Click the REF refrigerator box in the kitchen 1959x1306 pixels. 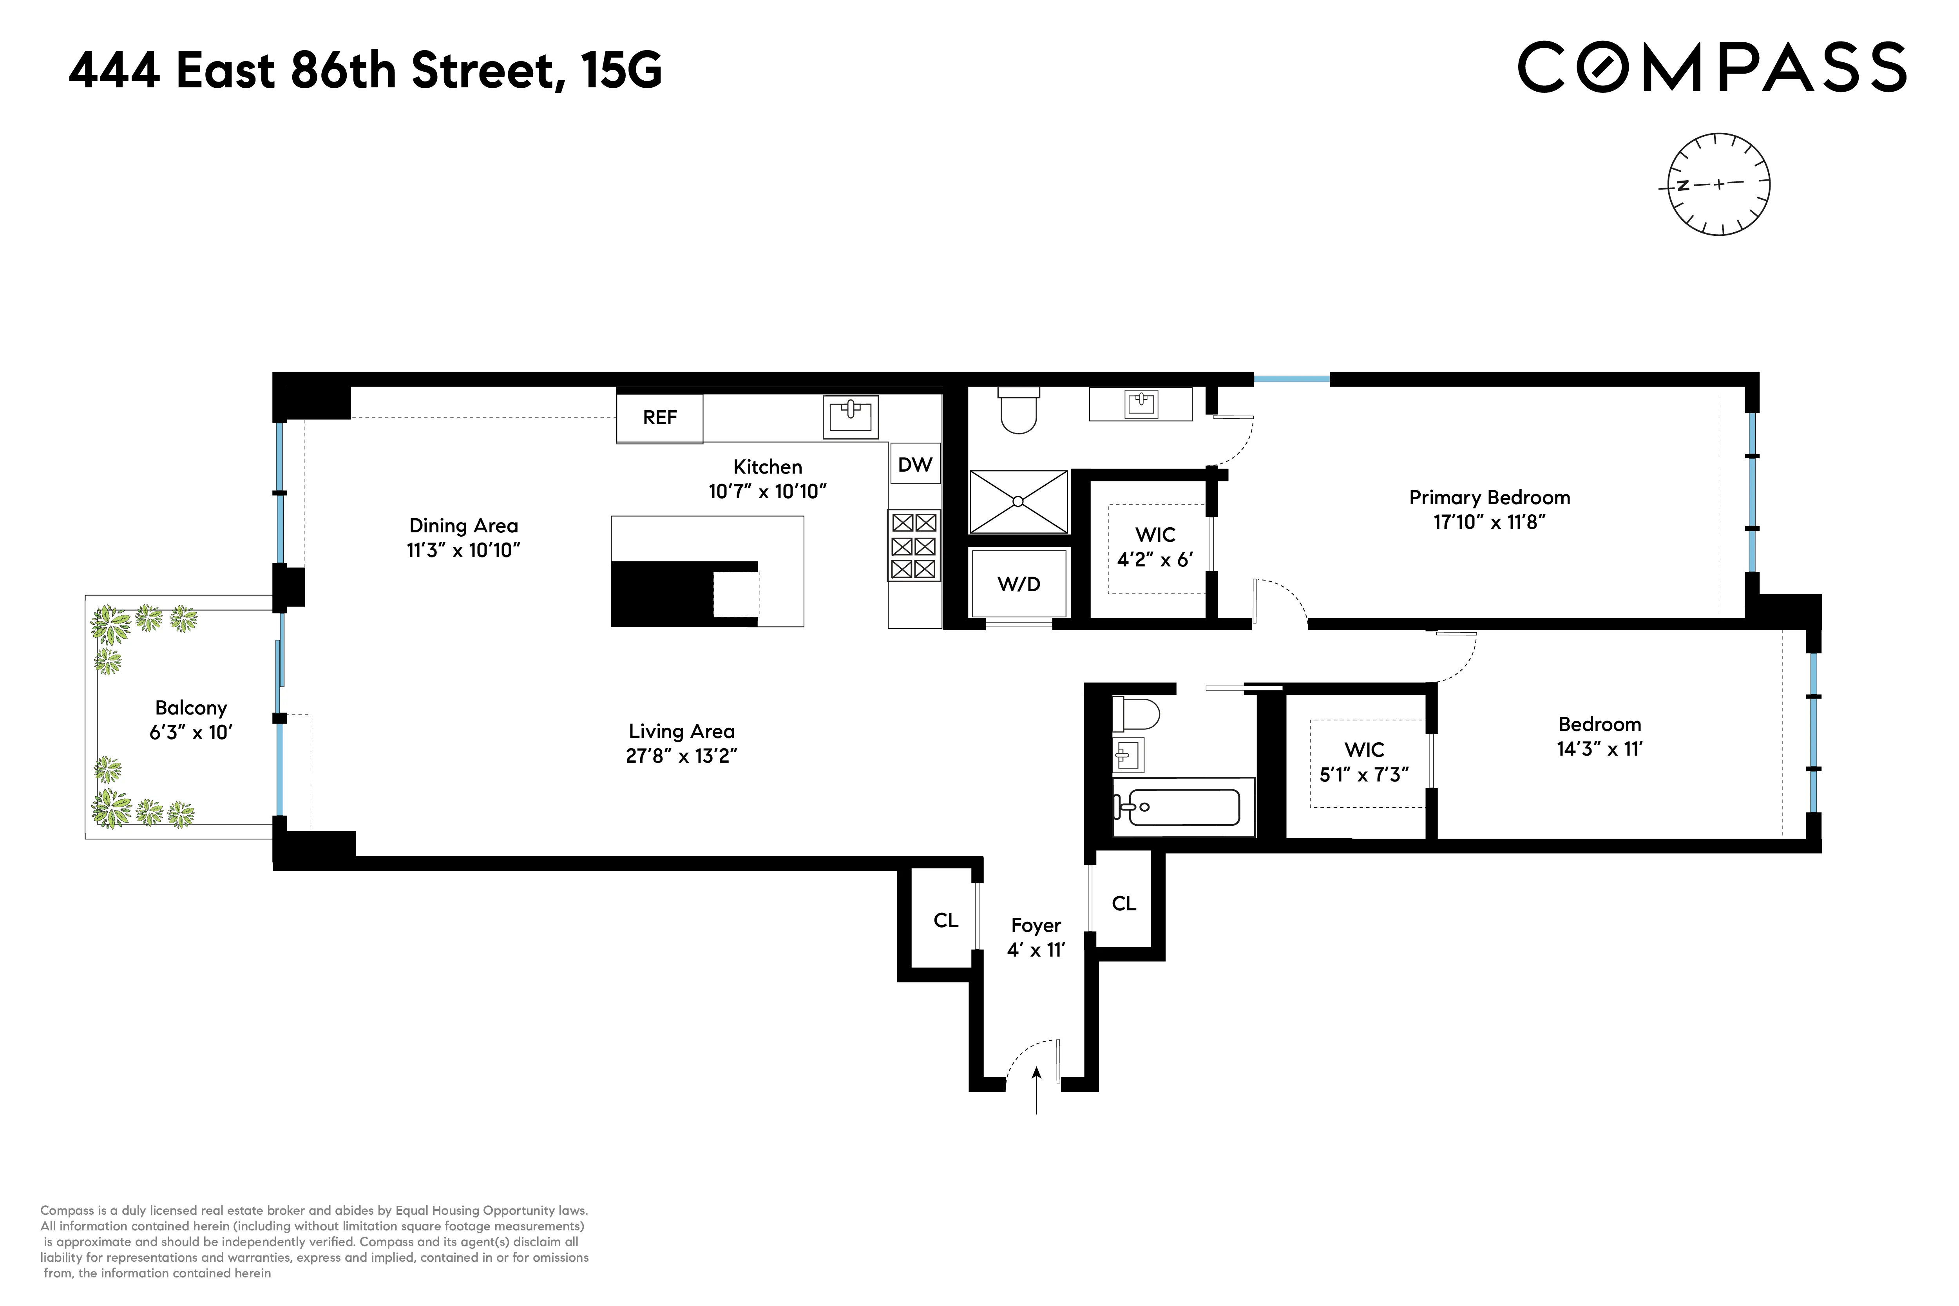coord(660,417)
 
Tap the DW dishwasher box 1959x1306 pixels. coord(914,464)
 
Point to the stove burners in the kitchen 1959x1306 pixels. coord(914,546)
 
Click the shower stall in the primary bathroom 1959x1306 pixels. coord(1018,501)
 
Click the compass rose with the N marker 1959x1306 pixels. coord(1718,184)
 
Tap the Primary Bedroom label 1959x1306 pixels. coord(1489,497)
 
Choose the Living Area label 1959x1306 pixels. coord(681,731)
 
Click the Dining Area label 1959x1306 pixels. coord(463,526)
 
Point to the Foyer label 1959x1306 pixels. coord(1035,925)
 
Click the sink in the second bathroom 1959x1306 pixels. coord(1128,756)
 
